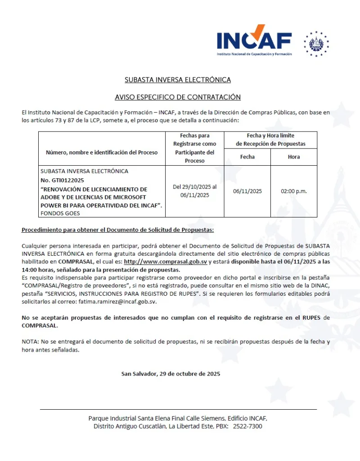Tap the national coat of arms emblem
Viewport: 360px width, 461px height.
click(x=316, y=44)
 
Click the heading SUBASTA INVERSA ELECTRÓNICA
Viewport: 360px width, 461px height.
click(x=178, y=80)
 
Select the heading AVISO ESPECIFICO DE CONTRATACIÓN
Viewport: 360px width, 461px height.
click(x=178, y=97)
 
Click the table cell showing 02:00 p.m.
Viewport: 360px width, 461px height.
click(x=293, y=191)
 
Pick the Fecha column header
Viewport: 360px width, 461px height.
click(x=247, y=157)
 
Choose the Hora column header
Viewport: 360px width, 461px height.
click(x=293, y=157)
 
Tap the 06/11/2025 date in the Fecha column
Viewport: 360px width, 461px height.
click(x=247, y=191)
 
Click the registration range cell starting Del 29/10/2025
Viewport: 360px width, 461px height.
click(x=194, y=191)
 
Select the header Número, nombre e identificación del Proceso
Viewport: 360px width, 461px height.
click(x=102, y=152)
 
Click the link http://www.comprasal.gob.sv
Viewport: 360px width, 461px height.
click(x=165, y=262)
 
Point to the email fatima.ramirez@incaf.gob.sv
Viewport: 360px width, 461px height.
click(x=117, y=301)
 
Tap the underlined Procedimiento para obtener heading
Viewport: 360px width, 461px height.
click(x=117, y=230)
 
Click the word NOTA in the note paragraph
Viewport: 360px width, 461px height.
click(x=30, y=342)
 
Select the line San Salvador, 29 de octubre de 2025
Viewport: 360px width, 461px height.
click(x=171, y=374)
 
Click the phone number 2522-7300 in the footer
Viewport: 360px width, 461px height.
click(x=247, y=426)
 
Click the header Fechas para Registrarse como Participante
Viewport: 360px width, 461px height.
click(x=194, y=148)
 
